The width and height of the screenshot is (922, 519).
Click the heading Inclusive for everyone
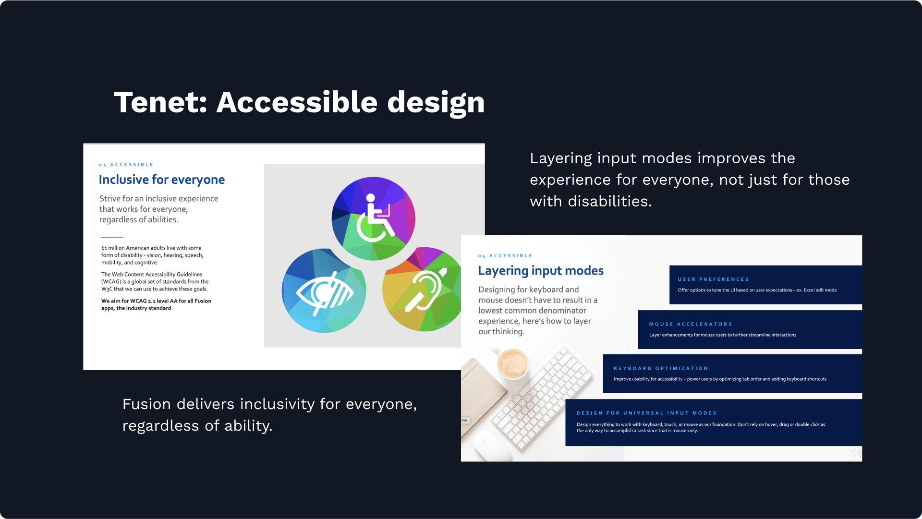click(x=162, y=180)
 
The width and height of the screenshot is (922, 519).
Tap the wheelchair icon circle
click(x=373, y=218)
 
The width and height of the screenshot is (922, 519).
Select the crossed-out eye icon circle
click(x=324, y=290)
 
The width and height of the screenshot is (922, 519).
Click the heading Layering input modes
click(x=541, y=271)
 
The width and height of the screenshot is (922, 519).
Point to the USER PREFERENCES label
click(x=713, y=279)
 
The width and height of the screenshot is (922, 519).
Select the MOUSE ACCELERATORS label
click(x=691, y=325)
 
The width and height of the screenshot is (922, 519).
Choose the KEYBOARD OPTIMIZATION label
click(x=661, y=369)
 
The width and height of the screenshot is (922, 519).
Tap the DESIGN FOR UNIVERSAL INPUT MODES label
click(x=646, y=413)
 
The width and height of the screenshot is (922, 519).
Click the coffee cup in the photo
click(x=513, y=365)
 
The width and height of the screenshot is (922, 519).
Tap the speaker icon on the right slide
click(x=855, y=453)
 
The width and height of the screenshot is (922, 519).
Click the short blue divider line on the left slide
click(x=112, y=237)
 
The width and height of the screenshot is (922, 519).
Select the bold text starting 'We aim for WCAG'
click(x=156, y=305)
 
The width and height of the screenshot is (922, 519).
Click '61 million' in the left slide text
click(x=113, y=248)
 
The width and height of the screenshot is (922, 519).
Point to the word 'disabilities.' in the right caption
click(x=610, y=201)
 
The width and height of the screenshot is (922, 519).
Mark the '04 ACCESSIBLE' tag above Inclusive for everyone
click(x=126, y=165)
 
